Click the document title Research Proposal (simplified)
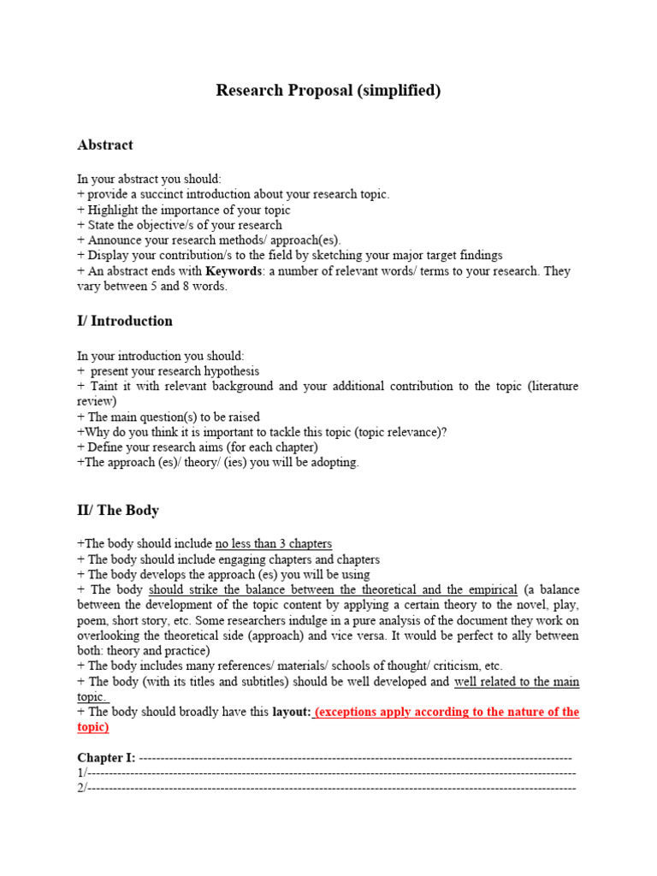pos(328,91)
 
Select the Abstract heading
pos(105,145)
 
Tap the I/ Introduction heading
pos(125,322)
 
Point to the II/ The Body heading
pos(118,511)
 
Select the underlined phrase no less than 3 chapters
pos(274,544)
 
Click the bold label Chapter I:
pos(106,758)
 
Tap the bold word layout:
pos(291,713)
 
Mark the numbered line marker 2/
pos(82,787)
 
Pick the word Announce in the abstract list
pos(115,240)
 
